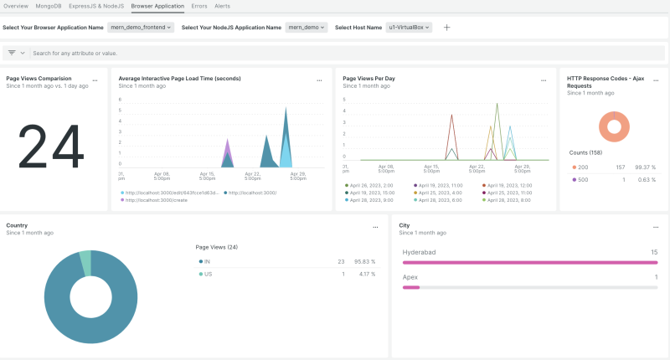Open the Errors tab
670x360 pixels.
coord(199,6)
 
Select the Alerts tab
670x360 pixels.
coord(223,6)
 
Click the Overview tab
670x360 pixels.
coord(15,6)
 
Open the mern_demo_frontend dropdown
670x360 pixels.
coord(141,28)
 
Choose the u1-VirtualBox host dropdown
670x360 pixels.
coord(410,28)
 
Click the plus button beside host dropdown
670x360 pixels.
coord(446,28)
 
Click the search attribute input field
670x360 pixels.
coord(251,53)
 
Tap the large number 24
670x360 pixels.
coord(50,147)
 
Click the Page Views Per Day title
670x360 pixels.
coord(369,79)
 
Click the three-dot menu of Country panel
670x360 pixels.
coord(375,227)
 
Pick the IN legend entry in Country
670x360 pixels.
coord(206,262)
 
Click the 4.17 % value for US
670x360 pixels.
coord(367,274)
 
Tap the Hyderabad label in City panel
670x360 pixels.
coord(419,251)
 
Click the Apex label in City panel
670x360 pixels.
coord(410,277)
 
